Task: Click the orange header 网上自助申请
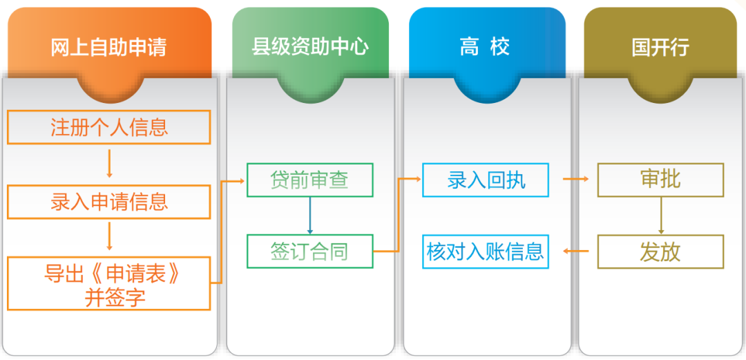click(x=109, y=48)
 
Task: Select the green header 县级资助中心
click(x=309, y=48)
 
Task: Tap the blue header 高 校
click(x=487, y=48)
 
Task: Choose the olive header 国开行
click(x=660, y=48)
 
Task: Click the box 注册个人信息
click(x=109, y=127)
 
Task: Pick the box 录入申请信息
click(x=109, y=202)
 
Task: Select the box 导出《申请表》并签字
click(x=109, y=283)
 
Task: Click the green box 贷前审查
click(x=309, y=180)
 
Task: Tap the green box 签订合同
click(x=309, y=252)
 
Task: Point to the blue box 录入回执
click(x=486, y=180)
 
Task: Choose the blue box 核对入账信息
click(x=486, y=252)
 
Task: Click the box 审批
click(x=660, y=180)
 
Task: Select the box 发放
click(x=660, y=252)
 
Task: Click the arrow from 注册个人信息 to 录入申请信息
click(x=109, y=164)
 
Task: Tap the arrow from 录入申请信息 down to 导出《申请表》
click(x=109, y=237)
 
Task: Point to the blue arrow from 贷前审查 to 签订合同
click(x=310, y=215)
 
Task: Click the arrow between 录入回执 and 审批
click(x=575, y=179)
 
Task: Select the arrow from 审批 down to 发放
click(x=661, y=215)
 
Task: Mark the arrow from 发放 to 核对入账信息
click(x=575, y=251)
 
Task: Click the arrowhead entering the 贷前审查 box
click(x=242, y=180)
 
